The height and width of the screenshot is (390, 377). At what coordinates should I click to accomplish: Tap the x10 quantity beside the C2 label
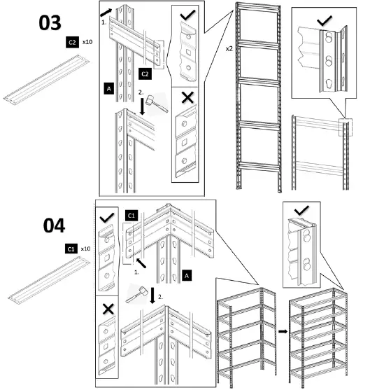pos(87,43)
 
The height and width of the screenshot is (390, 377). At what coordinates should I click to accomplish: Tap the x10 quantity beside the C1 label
pos(86,249)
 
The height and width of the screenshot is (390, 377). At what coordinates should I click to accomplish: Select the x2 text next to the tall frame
pos(229,49)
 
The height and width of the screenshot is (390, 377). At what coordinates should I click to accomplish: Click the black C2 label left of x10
pos(71,43)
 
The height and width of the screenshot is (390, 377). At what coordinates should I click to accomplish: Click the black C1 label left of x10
pos(71,249)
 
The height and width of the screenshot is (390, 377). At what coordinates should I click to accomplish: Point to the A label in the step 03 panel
pos(108,88)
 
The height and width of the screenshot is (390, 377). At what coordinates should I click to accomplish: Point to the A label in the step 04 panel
pos(186,276)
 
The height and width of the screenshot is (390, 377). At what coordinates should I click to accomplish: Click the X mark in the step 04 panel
pos(108,308)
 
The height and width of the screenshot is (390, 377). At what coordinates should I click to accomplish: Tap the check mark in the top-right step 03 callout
pos(324,20)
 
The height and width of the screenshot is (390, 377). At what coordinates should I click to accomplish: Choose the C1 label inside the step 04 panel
pos(131,216)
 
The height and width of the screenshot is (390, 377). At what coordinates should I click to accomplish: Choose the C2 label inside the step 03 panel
pos(145,74)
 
